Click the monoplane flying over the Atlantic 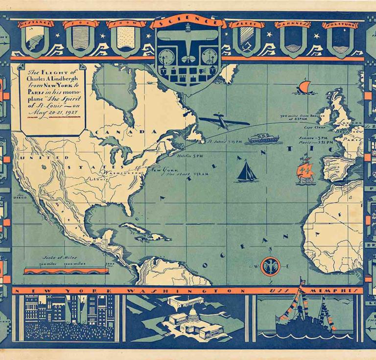pyautogui.click(x=224, y=121)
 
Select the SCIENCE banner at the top pyautogui.click(x=188, y=22)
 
